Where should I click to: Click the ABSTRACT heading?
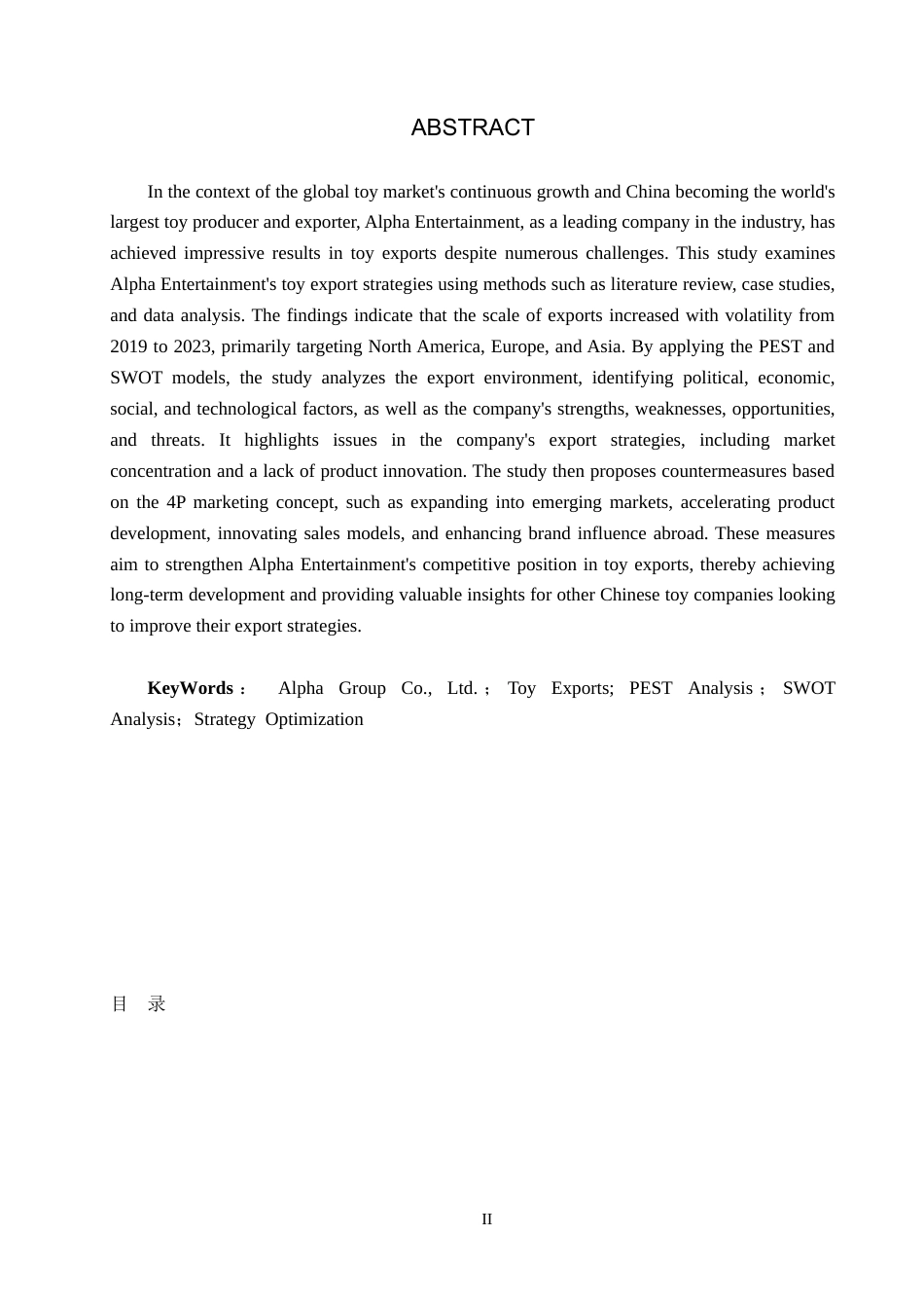(473, 127)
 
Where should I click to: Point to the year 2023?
(193, 346)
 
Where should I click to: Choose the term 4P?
(176, 502)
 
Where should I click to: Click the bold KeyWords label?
(191, 688)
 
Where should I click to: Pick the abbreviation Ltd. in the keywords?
(462, 688)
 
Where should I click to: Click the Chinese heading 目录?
(138, 1003)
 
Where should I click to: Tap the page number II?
(486, 1219)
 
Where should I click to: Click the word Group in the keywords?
(362, 688)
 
